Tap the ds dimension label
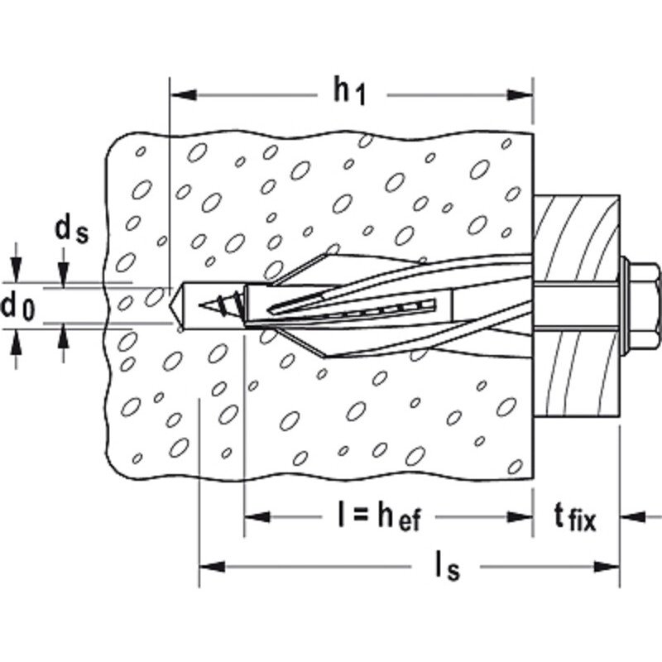point(72,231)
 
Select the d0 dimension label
point(17,306)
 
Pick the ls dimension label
point(447,567)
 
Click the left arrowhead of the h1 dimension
point(183,95)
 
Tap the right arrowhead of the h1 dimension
point(520,95)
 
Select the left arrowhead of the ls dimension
point(213,567)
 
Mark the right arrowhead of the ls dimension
point(607,567)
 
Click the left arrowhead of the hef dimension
point(257,516)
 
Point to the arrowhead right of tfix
point(633,516)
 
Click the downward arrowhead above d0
point(17,270)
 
